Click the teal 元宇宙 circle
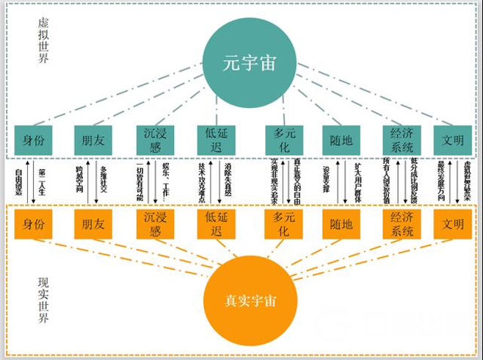[242, 62]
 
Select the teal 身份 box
[33, 139]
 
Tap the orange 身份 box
[33, 223]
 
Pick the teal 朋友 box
[92, 139]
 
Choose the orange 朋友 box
[92, 223]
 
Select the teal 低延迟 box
[214, 139]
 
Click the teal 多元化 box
[283, 139]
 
